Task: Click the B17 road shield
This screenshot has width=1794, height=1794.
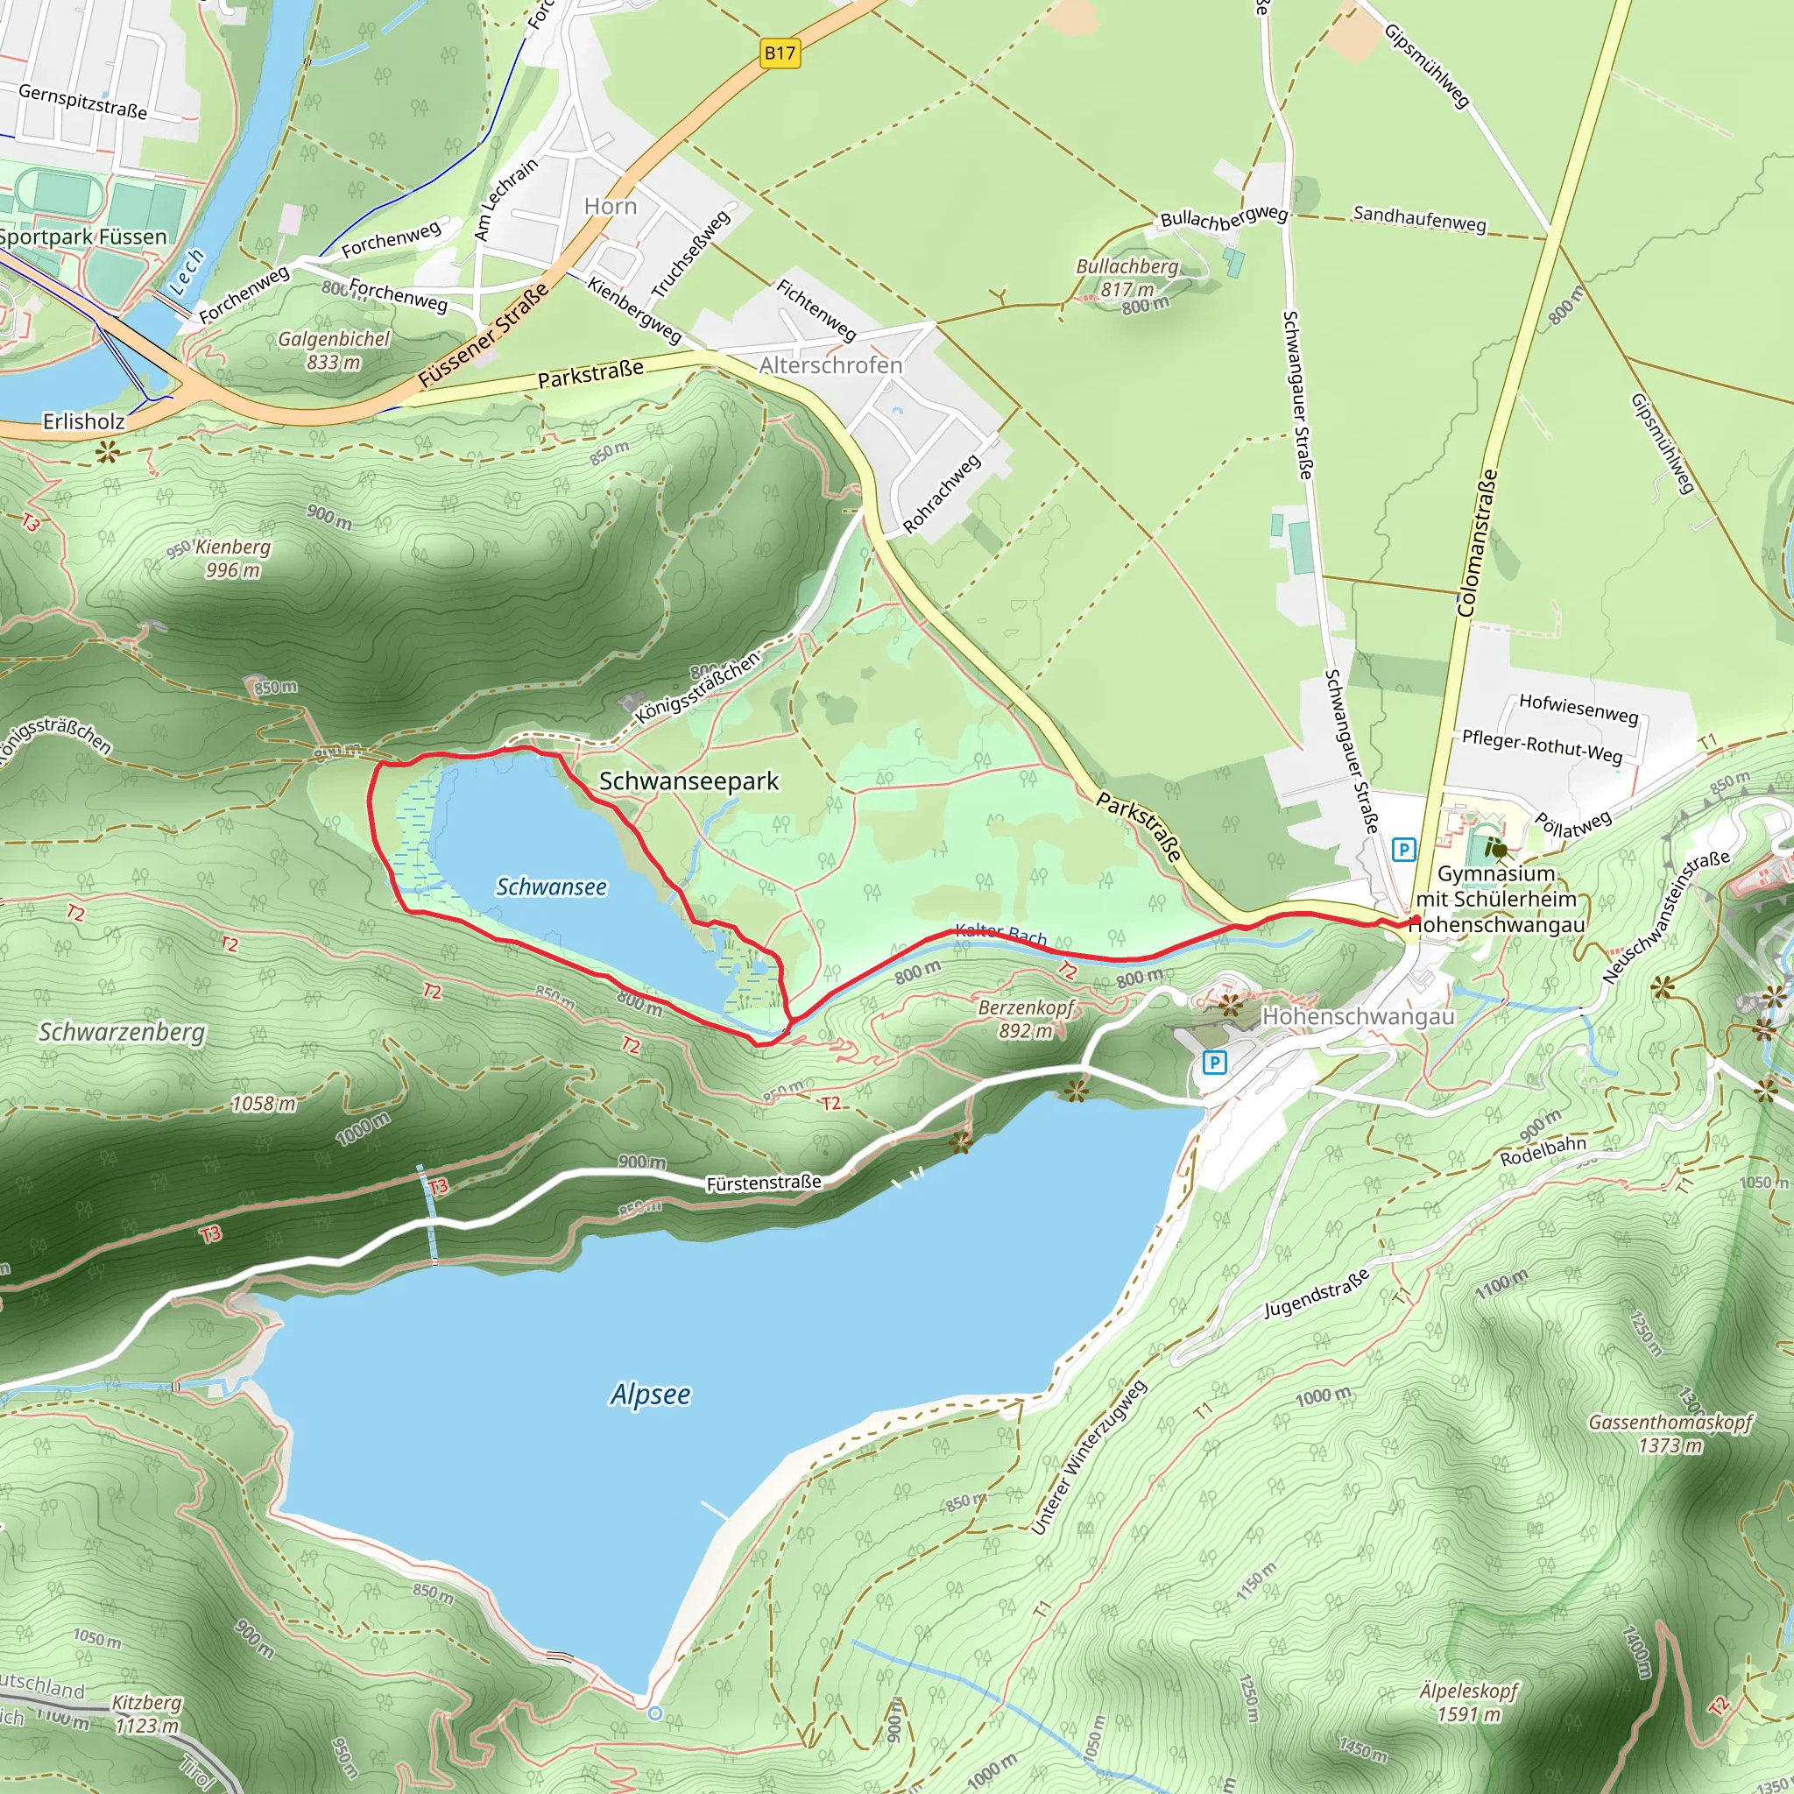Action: coord(779,53)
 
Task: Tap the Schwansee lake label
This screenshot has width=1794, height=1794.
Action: coord(551,886)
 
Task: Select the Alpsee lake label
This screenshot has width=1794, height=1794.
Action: coord(650,1394)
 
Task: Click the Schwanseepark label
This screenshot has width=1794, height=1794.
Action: coord(688,780)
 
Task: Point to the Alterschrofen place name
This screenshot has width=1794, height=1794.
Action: coord(830,365)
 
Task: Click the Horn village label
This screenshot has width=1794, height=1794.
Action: coord(610,206)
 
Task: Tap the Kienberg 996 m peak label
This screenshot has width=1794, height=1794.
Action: coord(232,558)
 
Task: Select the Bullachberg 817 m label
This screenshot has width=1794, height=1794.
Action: coord(1127,278)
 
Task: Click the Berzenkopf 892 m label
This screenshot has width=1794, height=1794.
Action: coord(1026,1019)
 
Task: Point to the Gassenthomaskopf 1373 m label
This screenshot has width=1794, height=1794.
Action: coord(1670,1434)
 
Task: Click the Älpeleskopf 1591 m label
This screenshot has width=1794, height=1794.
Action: coord(1468,1702)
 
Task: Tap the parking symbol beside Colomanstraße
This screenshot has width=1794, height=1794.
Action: coord(1403,849)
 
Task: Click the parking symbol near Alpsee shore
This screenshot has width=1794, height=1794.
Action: coord(1213,1062)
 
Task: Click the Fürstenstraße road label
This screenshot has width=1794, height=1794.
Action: coord(763,1183)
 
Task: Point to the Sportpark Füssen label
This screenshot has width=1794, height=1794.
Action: coord(81,237)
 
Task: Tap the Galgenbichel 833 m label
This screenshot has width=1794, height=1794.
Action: coord(335,350)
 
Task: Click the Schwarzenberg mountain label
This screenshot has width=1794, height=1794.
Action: coord(122,1032)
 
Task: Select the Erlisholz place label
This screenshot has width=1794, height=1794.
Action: coord(83,421)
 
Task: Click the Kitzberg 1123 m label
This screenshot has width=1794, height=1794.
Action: coord(146,1713)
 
